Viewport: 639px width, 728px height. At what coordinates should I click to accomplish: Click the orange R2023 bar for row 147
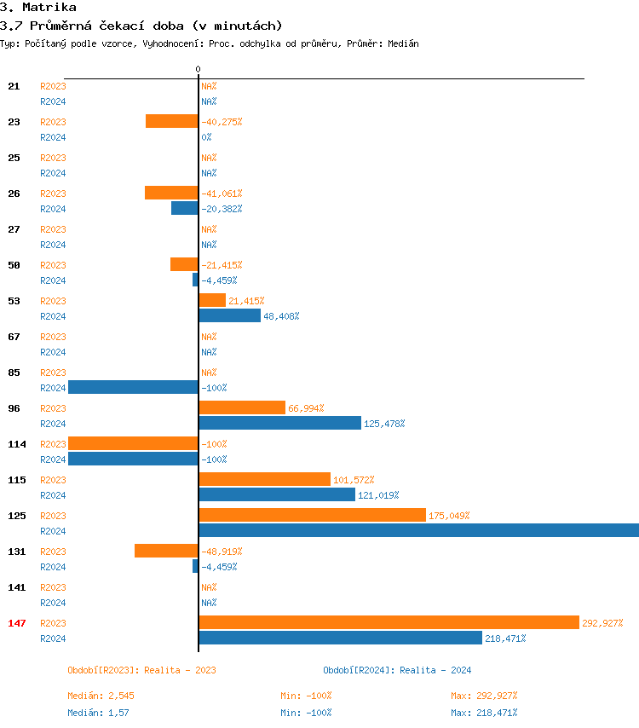pyautogui.click(x=389, y=622)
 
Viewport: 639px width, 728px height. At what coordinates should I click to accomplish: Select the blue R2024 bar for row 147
pyautogui.click(x=340, y=638)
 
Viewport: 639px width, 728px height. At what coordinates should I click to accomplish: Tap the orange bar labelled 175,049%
pyautogui.click(x=312, y=515)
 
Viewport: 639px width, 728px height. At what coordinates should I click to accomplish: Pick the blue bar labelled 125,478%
pyautogui.click(x=279, y=423)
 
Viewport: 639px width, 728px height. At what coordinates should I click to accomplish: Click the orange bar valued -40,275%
pyautogui.click(x=172, y=121)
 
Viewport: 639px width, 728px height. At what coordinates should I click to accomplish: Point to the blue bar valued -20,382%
pyautogui.click(x=185, y=208)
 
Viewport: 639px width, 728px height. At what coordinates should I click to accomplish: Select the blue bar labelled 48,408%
pyautogui.click(x=229, y=315)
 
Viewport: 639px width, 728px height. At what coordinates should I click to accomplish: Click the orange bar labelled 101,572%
pyautogui.click(x=264, y=479)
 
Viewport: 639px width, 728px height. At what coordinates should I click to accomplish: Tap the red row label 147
pyautogui.click(x=17, y=623)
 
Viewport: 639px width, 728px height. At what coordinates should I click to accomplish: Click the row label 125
pyautogui.click(x=17, y=516)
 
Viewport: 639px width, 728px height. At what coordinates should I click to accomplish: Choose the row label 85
pyautogui.click(x=14, y=373)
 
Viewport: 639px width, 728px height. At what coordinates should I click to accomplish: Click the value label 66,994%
pyautogui.click(x=306, y=408)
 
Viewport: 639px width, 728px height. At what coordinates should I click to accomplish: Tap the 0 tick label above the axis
pyautogui.click(x=198, y=69)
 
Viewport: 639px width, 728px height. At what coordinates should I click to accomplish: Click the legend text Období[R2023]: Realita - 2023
pyautogui.click(x=141, y=670)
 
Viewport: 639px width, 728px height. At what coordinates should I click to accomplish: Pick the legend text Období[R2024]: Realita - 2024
pyautogui.click(x=397, y=670)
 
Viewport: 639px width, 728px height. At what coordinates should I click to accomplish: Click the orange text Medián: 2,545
pyautogui.click(x=101, y=696)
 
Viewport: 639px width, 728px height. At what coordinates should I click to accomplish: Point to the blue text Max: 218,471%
pyautogui.click(x=484, y=713)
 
